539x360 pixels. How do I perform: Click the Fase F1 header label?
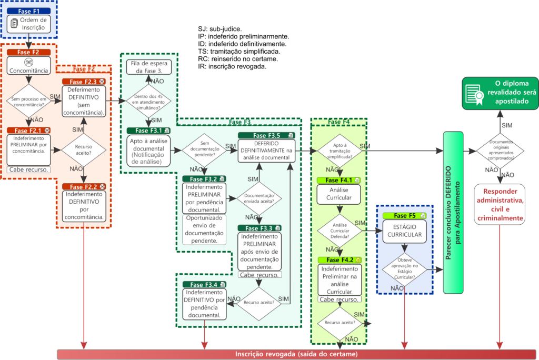29,11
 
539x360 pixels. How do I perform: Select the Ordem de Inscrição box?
29,24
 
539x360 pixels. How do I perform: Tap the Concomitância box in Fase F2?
29,66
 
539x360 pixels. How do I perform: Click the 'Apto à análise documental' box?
149,151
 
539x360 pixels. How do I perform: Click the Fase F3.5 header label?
266,135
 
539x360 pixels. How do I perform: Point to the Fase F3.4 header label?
204,285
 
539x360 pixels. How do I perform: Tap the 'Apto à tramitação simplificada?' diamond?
340,151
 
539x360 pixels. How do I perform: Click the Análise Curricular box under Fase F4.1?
340,194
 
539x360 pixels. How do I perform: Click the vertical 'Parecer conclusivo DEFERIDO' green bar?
453,213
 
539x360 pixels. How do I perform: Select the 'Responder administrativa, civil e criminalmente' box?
500,204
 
